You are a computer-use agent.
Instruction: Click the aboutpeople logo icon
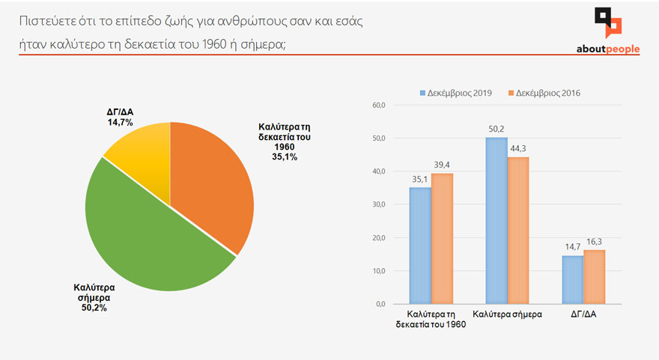tap(607, 22)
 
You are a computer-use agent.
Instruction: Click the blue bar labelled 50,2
tap(496, 221)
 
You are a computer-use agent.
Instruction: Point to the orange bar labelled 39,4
tap(442, 239)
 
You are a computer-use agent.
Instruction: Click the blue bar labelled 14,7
tap(572, 280)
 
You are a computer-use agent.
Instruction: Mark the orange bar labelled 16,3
tap(594, 277)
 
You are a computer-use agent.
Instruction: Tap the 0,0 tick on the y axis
tap(380, 305)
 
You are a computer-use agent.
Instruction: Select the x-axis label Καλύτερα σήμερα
tap(506, 316)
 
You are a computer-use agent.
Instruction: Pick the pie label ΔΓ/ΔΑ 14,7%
tap(120, 116)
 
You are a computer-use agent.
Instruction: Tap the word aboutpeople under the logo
tap(607, 49)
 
